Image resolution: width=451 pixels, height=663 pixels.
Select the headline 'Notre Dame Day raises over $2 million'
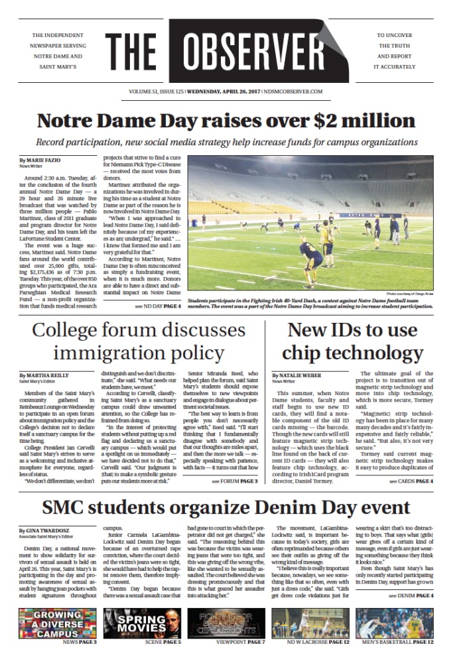[x=225, y=121]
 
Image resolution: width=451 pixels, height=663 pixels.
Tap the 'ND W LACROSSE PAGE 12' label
[x=313, y=642]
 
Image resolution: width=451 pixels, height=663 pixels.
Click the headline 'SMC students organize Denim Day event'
[x=225, y=508]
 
